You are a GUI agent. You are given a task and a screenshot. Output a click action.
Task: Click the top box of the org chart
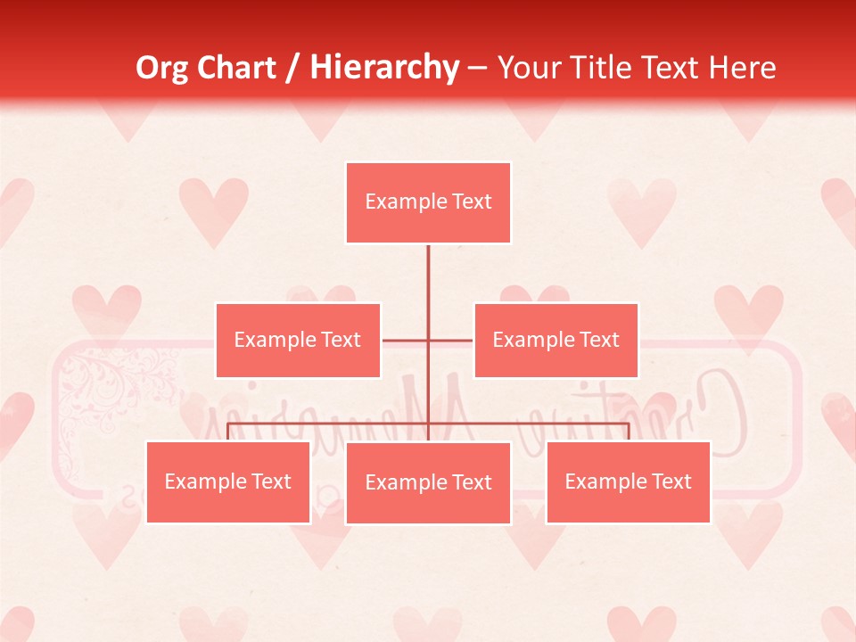pyautogui.click(x=428, y=202)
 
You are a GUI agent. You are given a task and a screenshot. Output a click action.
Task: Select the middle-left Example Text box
pyautogui.click(x=298, y=340)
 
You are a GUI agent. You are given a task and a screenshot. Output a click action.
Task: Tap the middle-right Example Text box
pyautogui.click(x=556, y=340)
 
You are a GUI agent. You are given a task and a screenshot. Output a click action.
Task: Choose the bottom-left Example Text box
pyautogui.click(x=227, y=481)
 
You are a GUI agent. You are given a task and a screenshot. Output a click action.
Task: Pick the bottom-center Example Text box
pyautogui.click(x=428, y=482)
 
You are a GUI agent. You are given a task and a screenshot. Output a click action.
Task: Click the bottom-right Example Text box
pyautogui.click(x=628, y=481)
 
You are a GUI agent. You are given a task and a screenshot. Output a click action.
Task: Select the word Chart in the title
pyautogui.click(x=238, y=68)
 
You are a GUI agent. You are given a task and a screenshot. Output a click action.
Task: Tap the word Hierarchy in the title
pyautogui.click(x=384, y=68)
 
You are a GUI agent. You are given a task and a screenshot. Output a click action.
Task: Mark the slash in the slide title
pyautogui.click(x=292, y=68)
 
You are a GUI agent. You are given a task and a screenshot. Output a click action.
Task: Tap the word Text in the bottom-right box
pyautogui.click(x=671, y=481)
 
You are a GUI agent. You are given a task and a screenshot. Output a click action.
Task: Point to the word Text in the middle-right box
pyautogui.click(x=598, y=340)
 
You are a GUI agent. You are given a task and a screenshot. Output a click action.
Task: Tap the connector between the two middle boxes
pyautogui.click(x=428, y=340)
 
